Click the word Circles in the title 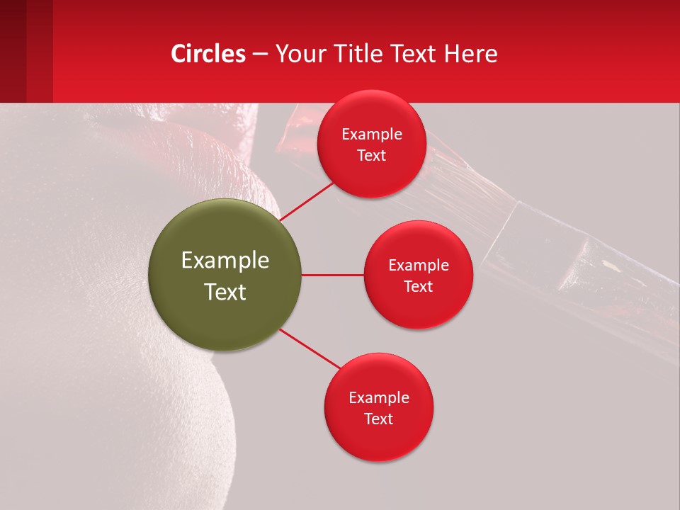(x=208, y=54)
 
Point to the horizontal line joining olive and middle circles (x=332, y=275)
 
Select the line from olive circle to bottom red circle (x=310, y=348)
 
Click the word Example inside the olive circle (x=225, y=261)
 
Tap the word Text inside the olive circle (x=225, y=292)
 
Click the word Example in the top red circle (x=372, y=135)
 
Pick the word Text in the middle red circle (x=418, y=287)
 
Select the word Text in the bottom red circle (x=378, y=419)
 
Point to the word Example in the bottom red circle (x=379, y=398)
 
